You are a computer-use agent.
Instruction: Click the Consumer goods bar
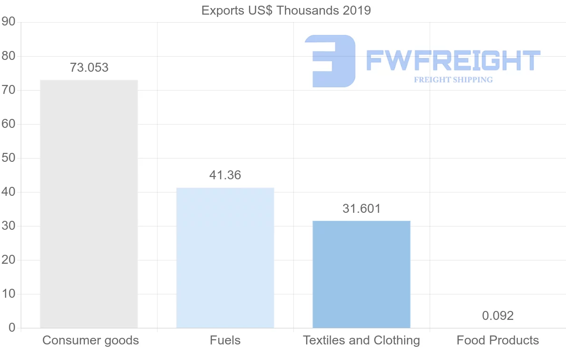tap(89, 204)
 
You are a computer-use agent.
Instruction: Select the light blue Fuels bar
tap(225, 258)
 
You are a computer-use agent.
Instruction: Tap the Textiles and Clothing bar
tap(361, 274)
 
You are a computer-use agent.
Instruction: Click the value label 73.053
tap(89, 67)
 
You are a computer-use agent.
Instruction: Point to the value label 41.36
tap(225, 175)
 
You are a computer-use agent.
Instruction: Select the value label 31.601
tap(361, 209)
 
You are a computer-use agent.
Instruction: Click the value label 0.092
tap(498, 316)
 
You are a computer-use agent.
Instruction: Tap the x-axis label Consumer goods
tap(91, 340)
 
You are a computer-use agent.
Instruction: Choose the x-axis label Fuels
tap(225, 340)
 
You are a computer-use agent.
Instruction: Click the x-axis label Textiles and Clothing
tap(361, 340)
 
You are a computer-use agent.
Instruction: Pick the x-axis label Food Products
tap(498, 340)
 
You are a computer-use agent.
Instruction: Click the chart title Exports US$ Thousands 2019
tap(286, 10)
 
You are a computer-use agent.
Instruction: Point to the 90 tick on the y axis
tap(8, 22)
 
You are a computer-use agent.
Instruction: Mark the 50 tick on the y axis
tap(8, 158)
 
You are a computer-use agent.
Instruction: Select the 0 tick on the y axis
tap(12, 328)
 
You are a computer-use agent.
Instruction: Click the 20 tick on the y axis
tap(8, 260)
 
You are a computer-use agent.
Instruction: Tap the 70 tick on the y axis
tap(8, 90)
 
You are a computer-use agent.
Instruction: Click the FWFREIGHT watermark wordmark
tap(453, 60)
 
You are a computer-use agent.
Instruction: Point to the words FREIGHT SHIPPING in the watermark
tap(453, 80)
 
